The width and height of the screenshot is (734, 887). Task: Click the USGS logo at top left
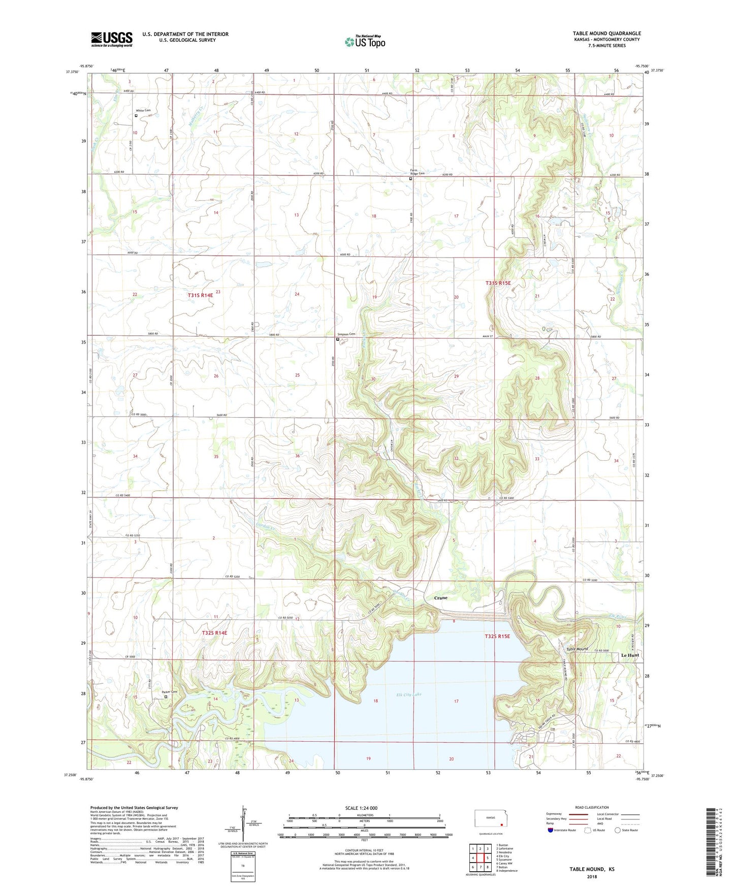click(111, 39)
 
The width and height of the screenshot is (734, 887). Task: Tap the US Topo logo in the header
click(365, 42)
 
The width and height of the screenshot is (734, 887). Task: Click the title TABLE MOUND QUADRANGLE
click(607, 33)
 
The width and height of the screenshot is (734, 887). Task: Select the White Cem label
click(143, 110)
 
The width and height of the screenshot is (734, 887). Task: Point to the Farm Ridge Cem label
click(417, 172)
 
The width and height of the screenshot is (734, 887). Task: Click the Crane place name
click(440, 598)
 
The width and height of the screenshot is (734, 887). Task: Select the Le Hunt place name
click(629, 655)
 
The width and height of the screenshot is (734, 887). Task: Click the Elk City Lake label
click(412, 694)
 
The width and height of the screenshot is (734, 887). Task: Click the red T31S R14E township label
click(200, 295)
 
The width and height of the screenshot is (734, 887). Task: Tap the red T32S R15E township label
click(497, 636)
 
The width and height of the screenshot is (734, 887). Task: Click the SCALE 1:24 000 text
click(361, 808)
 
